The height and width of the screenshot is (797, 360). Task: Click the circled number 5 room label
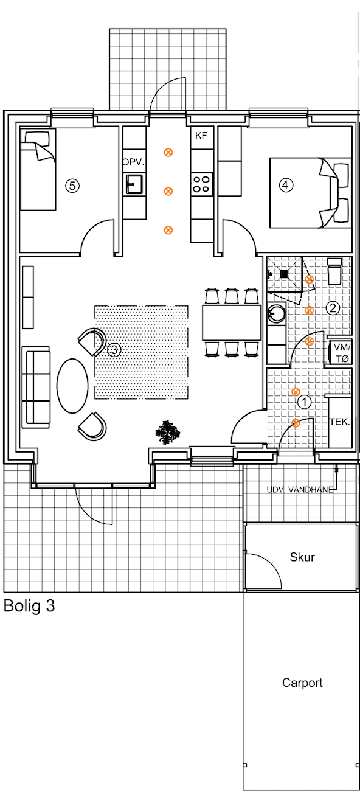(x=72, y=186)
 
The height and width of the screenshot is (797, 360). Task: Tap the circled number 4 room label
(x=286, y=185)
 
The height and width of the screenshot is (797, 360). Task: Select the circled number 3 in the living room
(x=114, y=350)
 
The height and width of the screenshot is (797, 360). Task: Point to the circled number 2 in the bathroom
(x=333, y=308)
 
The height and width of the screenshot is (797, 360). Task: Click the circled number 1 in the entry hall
(x=304, y=402)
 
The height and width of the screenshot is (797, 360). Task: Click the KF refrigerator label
(x=201, y=136)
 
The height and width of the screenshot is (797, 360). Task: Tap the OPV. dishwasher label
(x=134, y=162)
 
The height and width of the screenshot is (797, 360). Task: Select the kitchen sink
(x=134, y=184)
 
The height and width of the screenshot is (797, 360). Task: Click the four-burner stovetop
(x=201, y=184)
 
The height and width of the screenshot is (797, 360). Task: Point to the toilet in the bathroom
(x=334, y=271)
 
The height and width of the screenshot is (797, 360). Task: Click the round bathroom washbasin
(x=277, y=313)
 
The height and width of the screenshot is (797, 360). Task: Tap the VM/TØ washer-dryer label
(x=342, y=353)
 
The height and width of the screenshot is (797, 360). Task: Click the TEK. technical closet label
(x=340, y=422)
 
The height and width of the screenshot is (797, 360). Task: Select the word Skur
(x=302, y=557)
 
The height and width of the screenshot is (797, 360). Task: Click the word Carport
(x=302, y=683)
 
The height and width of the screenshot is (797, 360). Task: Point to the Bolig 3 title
(x=29, y=606)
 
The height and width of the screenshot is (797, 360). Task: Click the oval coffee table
(x=72, y=386)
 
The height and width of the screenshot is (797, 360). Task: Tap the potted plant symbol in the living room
(x=168, y=432)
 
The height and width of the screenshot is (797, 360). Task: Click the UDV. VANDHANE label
(x=300, y=490)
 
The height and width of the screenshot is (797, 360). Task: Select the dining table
(x=232, y=322)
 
